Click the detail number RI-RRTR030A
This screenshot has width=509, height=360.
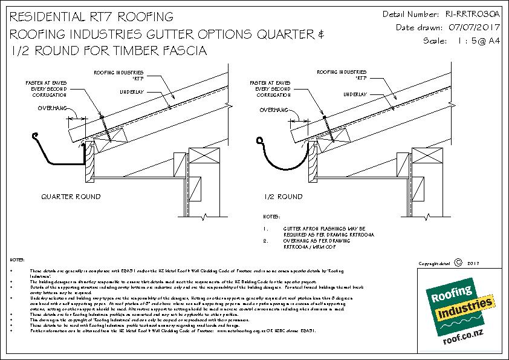[x=472, y=13]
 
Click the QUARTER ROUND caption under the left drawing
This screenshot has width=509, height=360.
[x=71, y=197]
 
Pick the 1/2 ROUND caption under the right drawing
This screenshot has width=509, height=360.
[x=283, y=197]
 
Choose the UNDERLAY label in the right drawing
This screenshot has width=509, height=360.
[x=357, y=94]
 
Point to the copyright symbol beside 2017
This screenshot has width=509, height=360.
[x=458, y=263]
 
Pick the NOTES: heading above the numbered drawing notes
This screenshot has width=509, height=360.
[x=272, y=216]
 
